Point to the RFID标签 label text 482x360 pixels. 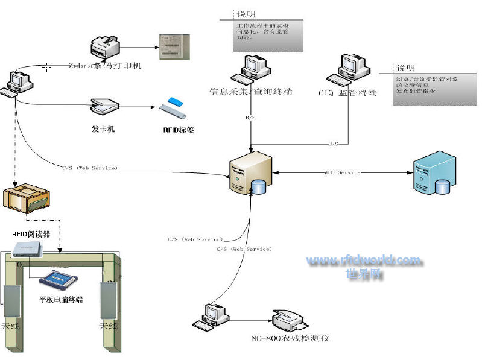[179, 129]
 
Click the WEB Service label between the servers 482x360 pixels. [343, 172]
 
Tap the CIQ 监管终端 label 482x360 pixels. [347, 93]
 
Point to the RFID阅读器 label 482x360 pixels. [31, 234]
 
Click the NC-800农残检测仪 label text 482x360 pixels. [291, 338]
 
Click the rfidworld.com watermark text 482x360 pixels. [364, 261]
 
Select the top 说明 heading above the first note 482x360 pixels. [244, 14]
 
